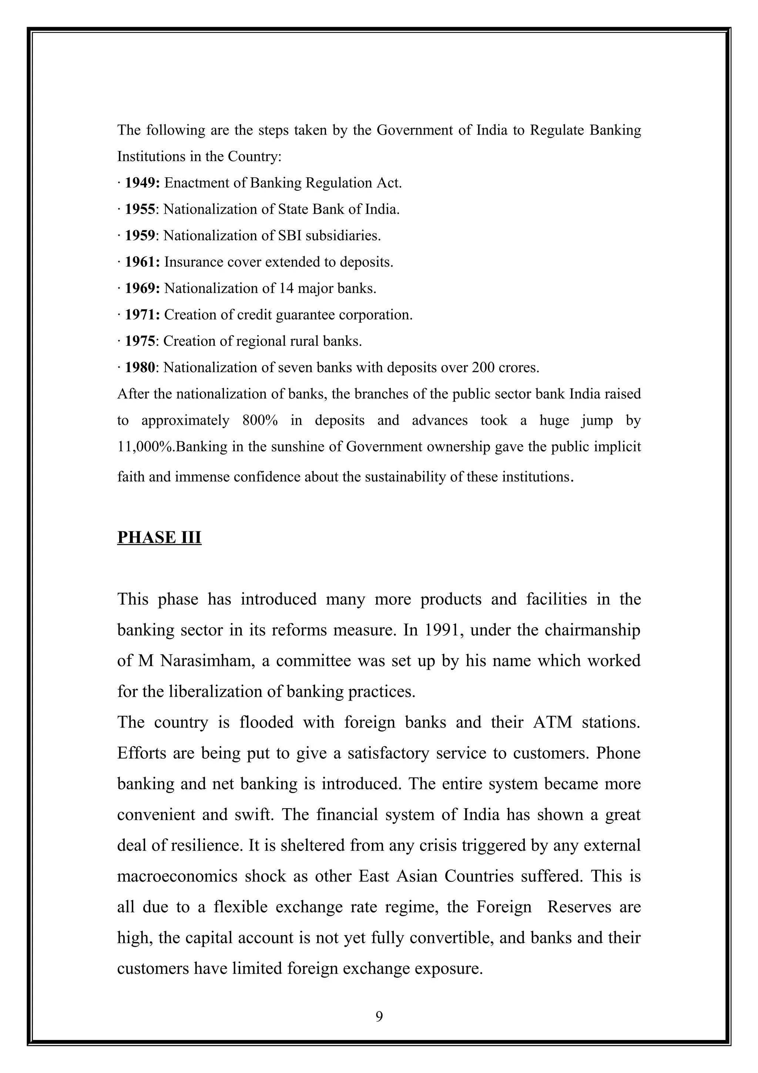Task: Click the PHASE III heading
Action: pos(159,538)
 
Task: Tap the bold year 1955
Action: pos(139,209)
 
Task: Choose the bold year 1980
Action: pos(139,367)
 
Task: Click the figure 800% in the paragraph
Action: pos(260,420)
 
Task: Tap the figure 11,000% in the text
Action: pos(145,447)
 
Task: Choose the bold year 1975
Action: pos(139,341)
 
